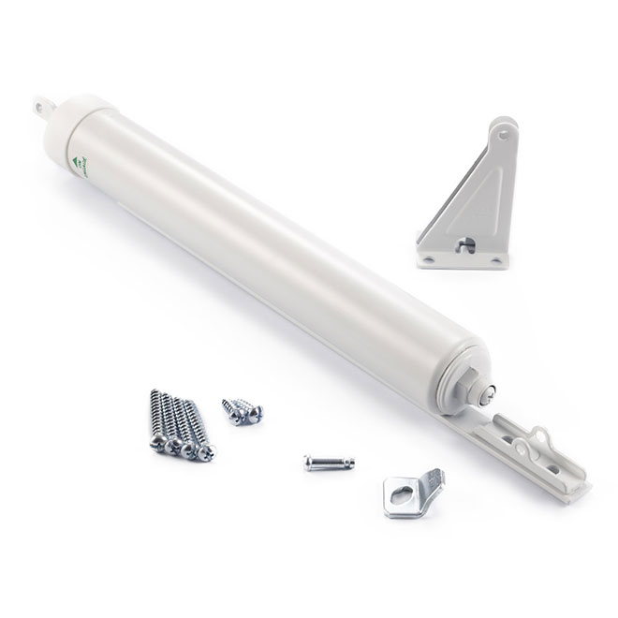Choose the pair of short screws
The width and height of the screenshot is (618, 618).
(243, 410)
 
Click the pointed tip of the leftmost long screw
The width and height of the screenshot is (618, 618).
(152, 392)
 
